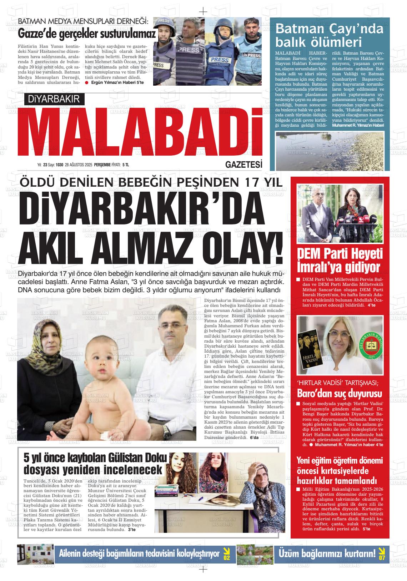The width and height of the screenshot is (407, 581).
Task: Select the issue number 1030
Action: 59,165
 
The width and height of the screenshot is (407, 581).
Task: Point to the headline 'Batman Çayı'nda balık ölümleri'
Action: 329,35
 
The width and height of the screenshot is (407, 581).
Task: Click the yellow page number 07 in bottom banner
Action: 382,554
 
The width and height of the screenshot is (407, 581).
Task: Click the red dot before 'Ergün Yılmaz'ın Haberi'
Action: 87,83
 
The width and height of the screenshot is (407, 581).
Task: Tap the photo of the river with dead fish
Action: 330,150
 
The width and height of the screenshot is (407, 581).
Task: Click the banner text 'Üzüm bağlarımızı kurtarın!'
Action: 327,554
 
